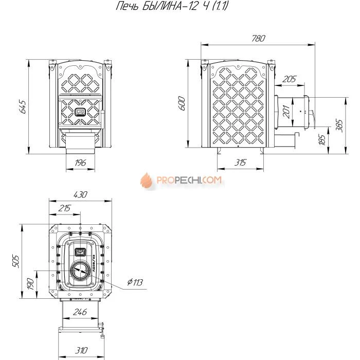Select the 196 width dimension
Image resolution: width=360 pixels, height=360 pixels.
tap(80, 163)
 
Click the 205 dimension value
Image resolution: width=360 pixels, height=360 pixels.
tap(290, 79)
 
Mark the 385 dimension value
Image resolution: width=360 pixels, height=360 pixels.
tap(339, 123)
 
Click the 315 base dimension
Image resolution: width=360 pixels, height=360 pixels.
tap(240, 163)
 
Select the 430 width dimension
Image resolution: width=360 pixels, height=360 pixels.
tap(80, 195)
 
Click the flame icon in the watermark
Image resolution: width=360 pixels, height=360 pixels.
tap(147, 181)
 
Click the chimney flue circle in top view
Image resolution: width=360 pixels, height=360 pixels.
tap(80, 271)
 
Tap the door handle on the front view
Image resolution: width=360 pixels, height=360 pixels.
tap(80, 111)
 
